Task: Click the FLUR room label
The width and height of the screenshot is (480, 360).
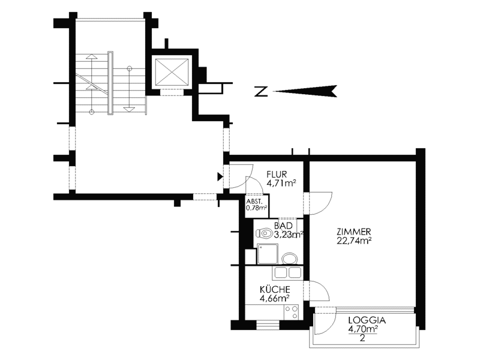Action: (x=277, y=175)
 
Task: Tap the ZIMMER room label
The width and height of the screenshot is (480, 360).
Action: (x=354, y=232)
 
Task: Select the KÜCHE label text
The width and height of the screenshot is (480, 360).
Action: (x=275, y=289)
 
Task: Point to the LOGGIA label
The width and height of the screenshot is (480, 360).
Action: (x=367, y=320)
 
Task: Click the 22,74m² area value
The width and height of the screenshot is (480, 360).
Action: (x=354, y=241)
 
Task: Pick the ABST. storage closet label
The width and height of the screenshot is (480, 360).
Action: (x=254, y=202)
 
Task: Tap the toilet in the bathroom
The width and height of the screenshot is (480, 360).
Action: (x=264, y=233)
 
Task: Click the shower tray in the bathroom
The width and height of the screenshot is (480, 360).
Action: (x=268, y=254)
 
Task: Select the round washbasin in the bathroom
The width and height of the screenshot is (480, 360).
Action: (x=290, y=259)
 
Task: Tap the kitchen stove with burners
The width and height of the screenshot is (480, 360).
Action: (x=291, y=312)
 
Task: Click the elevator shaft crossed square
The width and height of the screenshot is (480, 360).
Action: (x=172, y=71)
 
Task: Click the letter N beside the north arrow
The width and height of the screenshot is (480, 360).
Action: (x=261, y=92)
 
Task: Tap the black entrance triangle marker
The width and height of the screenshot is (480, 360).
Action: (x=220, y=176)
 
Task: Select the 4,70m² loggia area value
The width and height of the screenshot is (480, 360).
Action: (x=362, y=329)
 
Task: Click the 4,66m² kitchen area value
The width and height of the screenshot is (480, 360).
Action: (x=275, y=298)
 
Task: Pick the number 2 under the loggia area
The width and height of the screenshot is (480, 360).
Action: (x=362, y=338)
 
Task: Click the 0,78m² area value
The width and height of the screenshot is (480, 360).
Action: (x=257, y=208)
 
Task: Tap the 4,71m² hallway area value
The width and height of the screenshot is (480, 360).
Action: (x=281, y=184)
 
